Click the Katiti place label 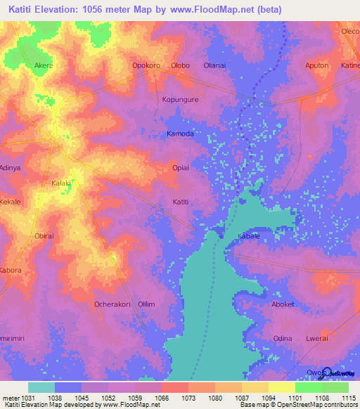181,202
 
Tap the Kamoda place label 180,134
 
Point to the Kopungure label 181,100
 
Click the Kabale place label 249,236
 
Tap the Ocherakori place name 112,304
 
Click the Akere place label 44,65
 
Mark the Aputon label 316,65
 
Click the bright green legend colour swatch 308,387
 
